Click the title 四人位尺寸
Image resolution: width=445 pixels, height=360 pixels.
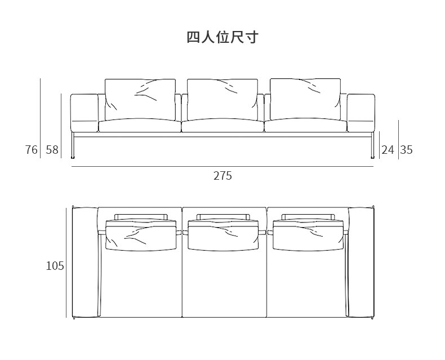(222, 38)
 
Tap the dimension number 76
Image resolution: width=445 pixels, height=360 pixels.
(32, 150)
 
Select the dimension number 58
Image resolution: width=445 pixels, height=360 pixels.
(52, 150)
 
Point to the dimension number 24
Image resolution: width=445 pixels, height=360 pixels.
(388, 150)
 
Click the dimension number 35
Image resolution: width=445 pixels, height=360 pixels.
(406, 150)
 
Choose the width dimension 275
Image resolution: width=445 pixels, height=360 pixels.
(222, 176)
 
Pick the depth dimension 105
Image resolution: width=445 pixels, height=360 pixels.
(55, 266)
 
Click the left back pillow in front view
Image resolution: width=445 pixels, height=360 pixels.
(140, 99)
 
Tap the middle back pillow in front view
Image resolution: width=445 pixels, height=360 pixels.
(222, 99)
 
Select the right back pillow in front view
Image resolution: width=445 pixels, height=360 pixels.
(305, 99)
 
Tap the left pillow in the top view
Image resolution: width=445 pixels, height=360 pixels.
(140, 232)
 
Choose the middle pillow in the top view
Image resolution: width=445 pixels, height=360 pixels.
(222, 232)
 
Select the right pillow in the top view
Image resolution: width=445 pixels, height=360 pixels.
(307, 232)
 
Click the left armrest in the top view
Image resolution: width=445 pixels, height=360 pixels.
(85, 262)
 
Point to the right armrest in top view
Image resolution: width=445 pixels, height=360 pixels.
(361, 262)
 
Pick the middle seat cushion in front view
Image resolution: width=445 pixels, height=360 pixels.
(222, 126)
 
